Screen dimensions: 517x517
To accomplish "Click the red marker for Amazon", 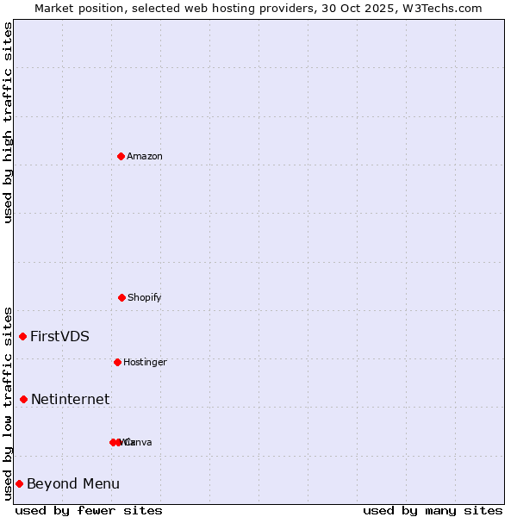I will coord(121,156).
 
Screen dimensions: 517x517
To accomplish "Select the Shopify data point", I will coord(121,297).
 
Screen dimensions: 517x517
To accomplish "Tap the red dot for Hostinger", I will coord(117,362).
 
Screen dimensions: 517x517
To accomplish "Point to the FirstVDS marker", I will coord(23,336).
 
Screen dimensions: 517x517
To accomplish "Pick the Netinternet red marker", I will coord(23,399).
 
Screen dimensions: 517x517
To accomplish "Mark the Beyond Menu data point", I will coord(19,483).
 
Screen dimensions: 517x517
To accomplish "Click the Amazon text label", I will coord(145,156).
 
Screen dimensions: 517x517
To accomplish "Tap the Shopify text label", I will coord(145,297).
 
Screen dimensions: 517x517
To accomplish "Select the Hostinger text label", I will coord(145,362).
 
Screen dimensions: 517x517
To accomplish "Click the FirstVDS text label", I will coord(59,336).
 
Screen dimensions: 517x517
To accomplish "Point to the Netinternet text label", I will coord(70,399).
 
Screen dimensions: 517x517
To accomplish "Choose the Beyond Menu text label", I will coord(73,483).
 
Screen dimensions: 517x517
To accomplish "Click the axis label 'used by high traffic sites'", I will coord(9,122).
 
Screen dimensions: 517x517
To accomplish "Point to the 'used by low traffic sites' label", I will coord(9,402).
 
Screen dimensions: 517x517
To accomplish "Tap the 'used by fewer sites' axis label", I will coord(89,510).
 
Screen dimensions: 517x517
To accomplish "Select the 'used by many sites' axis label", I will coord(433,510).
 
